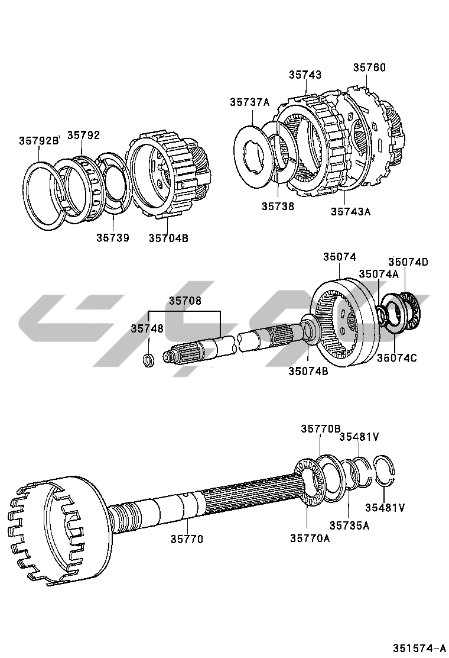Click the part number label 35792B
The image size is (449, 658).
39,141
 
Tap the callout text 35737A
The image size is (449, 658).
249,102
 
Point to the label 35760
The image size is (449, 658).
369,67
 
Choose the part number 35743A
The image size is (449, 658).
350,212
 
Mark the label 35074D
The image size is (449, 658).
408,262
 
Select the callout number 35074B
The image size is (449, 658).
308,372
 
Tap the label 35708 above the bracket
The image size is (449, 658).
185,301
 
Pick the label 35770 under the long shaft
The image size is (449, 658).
187,540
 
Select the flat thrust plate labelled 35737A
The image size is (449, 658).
253,156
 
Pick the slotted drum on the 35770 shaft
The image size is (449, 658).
56,527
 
